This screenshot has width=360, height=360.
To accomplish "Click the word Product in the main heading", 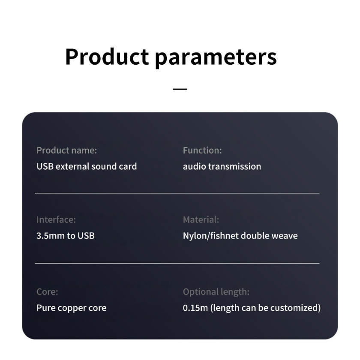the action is (x=107, y=57).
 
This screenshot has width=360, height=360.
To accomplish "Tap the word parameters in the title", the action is (x=216, y=58).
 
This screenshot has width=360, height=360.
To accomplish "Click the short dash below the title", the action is (x=180, y=89).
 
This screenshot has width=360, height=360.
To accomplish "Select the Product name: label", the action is (x=66, y=150).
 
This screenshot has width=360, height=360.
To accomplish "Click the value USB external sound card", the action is (x=87, y=166).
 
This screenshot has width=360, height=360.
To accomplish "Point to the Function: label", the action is (x=202, y=150).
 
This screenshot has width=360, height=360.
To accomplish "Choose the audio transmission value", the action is (x=222, y=166).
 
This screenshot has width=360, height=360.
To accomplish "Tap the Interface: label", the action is (x=56, y=220).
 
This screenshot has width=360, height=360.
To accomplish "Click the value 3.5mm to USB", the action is (x=66, y=236).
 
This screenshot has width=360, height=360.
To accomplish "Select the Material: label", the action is (x=201, y=220).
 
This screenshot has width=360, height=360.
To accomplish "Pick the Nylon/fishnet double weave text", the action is (x=240, y=236).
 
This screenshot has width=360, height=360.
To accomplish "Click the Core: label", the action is (x=47, y=292).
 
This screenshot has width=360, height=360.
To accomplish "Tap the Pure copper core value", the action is (x=72, y=308).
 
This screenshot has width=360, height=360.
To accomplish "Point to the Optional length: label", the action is (x=216, y=292).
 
